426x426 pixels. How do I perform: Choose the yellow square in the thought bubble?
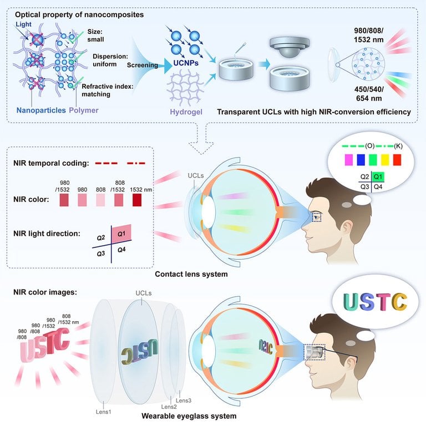pyautogui.click(x=381, y=160)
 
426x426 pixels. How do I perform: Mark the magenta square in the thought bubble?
pyautogui.click(x=349, y=160)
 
